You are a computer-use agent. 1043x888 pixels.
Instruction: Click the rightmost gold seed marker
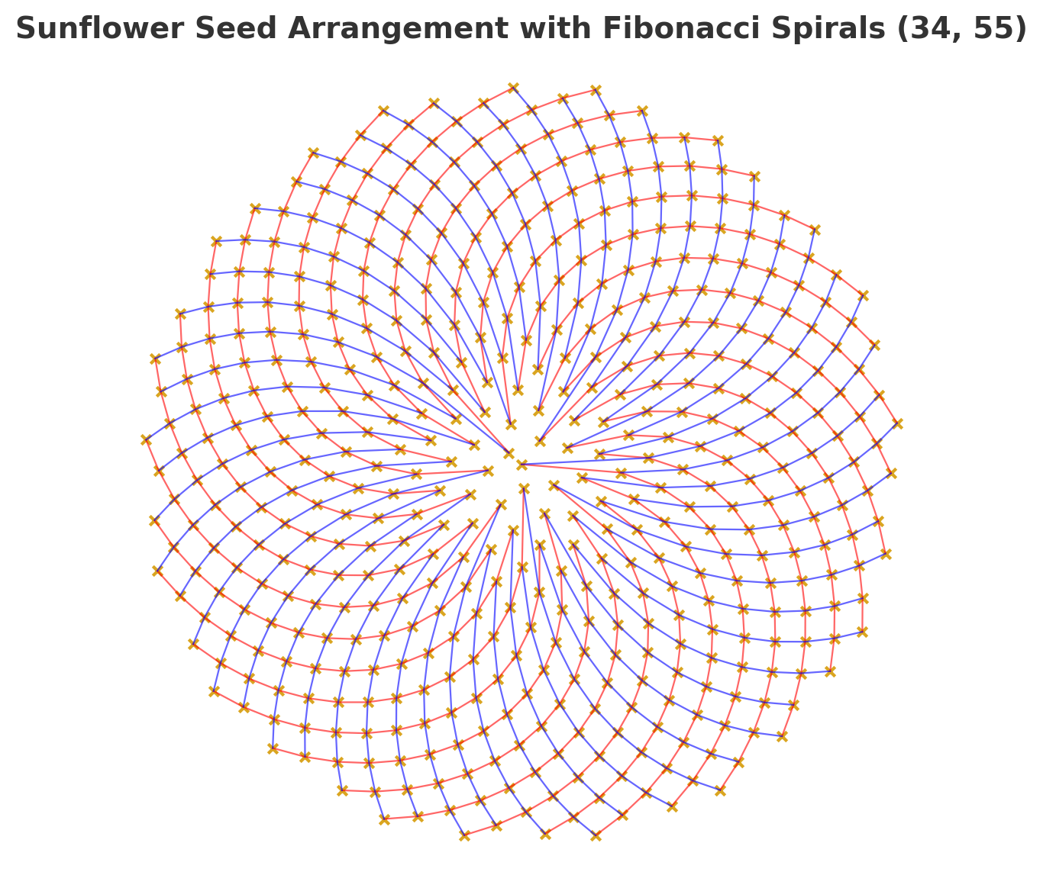[x=898, y=423]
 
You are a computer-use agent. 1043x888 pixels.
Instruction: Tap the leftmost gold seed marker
[x=146, y=439]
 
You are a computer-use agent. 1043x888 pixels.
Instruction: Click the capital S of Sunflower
[x=24, y=29]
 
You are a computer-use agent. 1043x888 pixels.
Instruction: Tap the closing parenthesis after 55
[x=1020, y=29]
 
